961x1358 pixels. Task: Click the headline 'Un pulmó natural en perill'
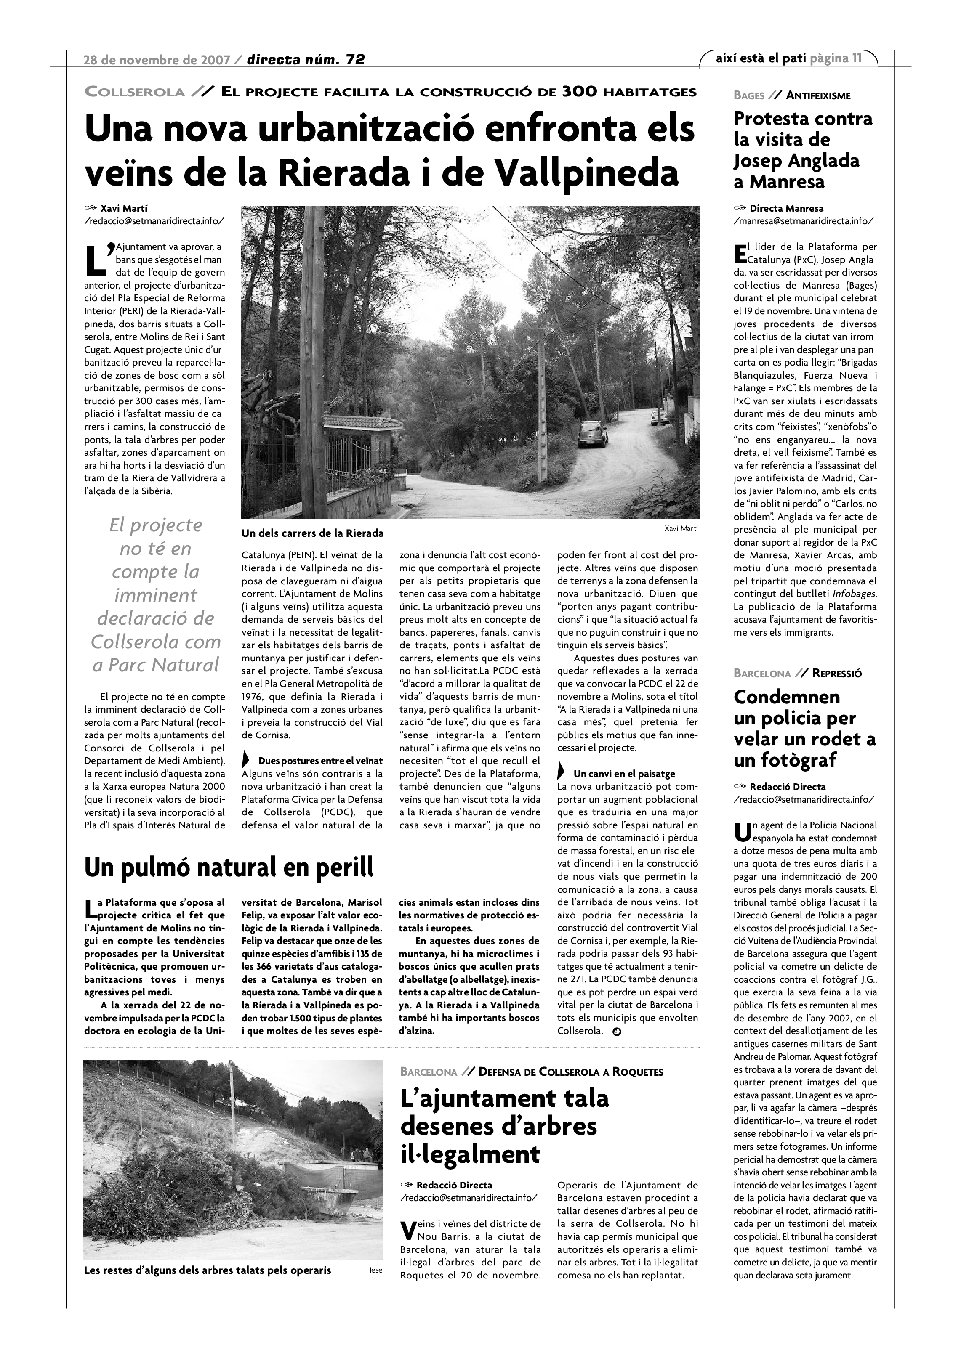[x=229, y=867]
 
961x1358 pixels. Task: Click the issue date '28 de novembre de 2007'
[x=157, y=59]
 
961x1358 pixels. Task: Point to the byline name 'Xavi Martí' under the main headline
[x=124, y=208]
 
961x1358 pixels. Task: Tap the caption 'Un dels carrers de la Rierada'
[x=312, y=533]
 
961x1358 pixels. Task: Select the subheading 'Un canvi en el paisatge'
[x=624, y=774]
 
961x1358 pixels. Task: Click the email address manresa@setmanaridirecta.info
[x=803, y=221]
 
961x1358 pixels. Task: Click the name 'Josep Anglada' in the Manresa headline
[x=796, y=161]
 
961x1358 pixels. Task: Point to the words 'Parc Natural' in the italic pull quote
[x=156, y=665]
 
